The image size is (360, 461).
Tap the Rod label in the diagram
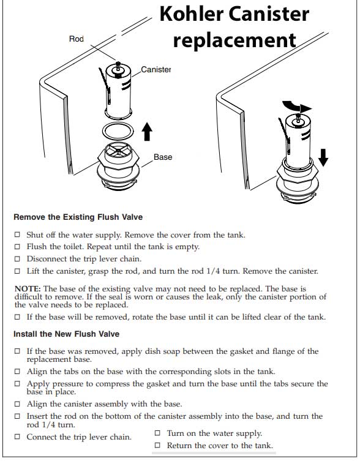(77, 39)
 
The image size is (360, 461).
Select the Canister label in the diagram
(156, 70)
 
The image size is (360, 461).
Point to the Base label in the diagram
(163, 157)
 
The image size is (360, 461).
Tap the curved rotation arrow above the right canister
(301, 105)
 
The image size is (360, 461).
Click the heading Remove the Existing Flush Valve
(78, 217)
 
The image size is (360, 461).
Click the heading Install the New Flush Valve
(66, 334)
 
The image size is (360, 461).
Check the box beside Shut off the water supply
(17, 235)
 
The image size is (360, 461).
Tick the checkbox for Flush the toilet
(17, 247)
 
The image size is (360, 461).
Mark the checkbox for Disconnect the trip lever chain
(17, 258)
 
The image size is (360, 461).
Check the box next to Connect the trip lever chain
(17, 437)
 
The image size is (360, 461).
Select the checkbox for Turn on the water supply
(157, 433)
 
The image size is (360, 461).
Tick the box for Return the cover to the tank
(157, 446)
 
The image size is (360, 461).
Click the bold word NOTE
(28, 288)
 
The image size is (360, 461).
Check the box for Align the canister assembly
(17, 405)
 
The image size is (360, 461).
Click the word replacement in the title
(234, 40)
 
